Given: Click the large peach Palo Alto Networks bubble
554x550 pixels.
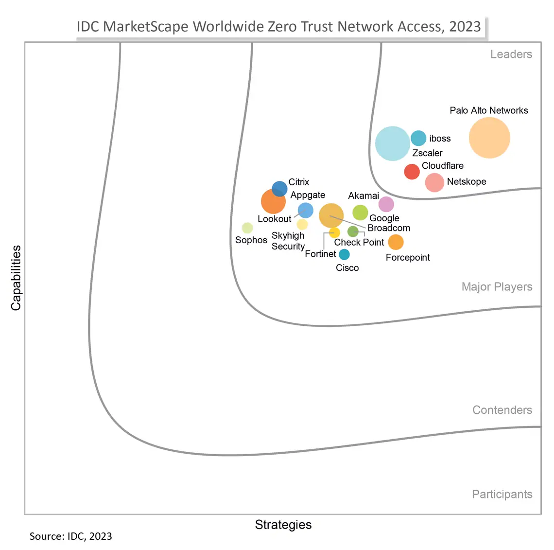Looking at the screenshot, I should [489, 138].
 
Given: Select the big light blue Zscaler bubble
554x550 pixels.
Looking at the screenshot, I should [393, 143].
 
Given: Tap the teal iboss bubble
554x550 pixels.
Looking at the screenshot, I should [418, 138].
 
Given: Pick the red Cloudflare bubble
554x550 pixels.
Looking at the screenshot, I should [412, 172].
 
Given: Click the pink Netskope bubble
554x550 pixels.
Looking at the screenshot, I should [434, 183].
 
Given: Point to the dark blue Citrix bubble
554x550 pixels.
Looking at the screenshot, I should [279, 189].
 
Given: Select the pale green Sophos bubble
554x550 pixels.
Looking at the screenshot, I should [247, 228].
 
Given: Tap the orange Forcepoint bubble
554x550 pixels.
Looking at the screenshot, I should [396, 242].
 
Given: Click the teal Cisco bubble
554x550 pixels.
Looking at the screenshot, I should [344, 254].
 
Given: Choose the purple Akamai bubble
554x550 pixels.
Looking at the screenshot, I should [386, 204].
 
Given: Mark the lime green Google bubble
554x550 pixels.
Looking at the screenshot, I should [360, 213].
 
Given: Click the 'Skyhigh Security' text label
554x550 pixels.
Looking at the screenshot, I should [288, 241].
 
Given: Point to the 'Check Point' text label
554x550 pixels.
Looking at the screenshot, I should [359, 242].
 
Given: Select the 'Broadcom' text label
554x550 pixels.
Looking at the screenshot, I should [389, 228].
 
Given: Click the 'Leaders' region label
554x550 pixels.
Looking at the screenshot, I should [511, 54].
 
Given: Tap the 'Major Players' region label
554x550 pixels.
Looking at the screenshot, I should [497, 287].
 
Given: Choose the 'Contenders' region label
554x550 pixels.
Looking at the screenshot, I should [502, 410].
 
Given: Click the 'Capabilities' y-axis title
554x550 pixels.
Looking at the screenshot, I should [16, 278].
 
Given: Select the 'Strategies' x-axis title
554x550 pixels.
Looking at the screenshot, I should [283, 525].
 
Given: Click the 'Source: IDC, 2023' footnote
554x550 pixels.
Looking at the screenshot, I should [71, 536].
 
